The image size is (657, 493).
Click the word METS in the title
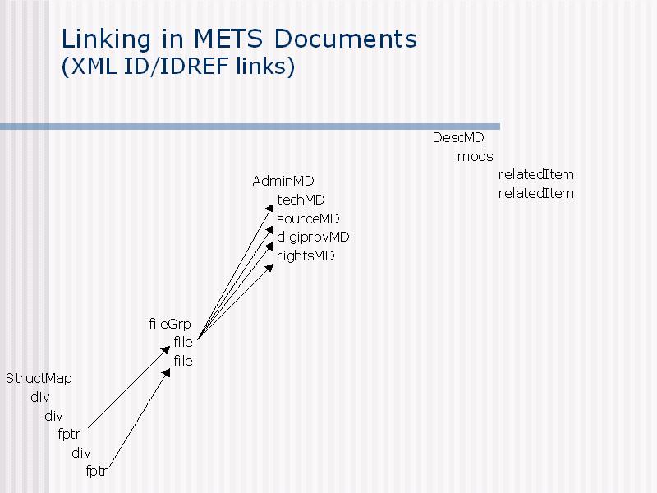coord(228,39)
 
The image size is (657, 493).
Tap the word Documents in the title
coord(346,39)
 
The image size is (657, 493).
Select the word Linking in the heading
coord(106,39)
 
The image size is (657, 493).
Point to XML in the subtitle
coord(94,67)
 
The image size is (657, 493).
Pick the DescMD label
coord(458,137)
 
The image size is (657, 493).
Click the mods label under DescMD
coord(476,156)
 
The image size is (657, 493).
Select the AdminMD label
coord(283,181)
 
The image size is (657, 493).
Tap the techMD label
coord(301,200)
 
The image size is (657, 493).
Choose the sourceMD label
coord(308,219)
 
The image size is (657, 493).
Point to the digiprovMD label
coord(313,237)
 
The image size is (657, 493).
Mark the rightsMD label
coord(306,256)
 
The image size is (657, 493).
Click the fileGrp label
coord(170,324)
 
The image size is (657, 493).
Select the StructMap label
coord(39,379)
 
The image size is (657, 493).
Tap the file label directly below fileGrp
coord(183,342)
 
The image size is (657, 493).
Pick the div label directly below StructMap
coord(39,397)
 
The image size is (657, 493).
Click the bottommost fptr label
coord(96,471)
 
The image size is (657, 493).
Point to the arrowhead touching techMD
coord(270,209)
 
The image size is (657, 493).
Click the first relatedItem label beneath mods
coord(536,174)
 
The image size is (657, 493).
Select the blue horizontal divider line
coord(250,127)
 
